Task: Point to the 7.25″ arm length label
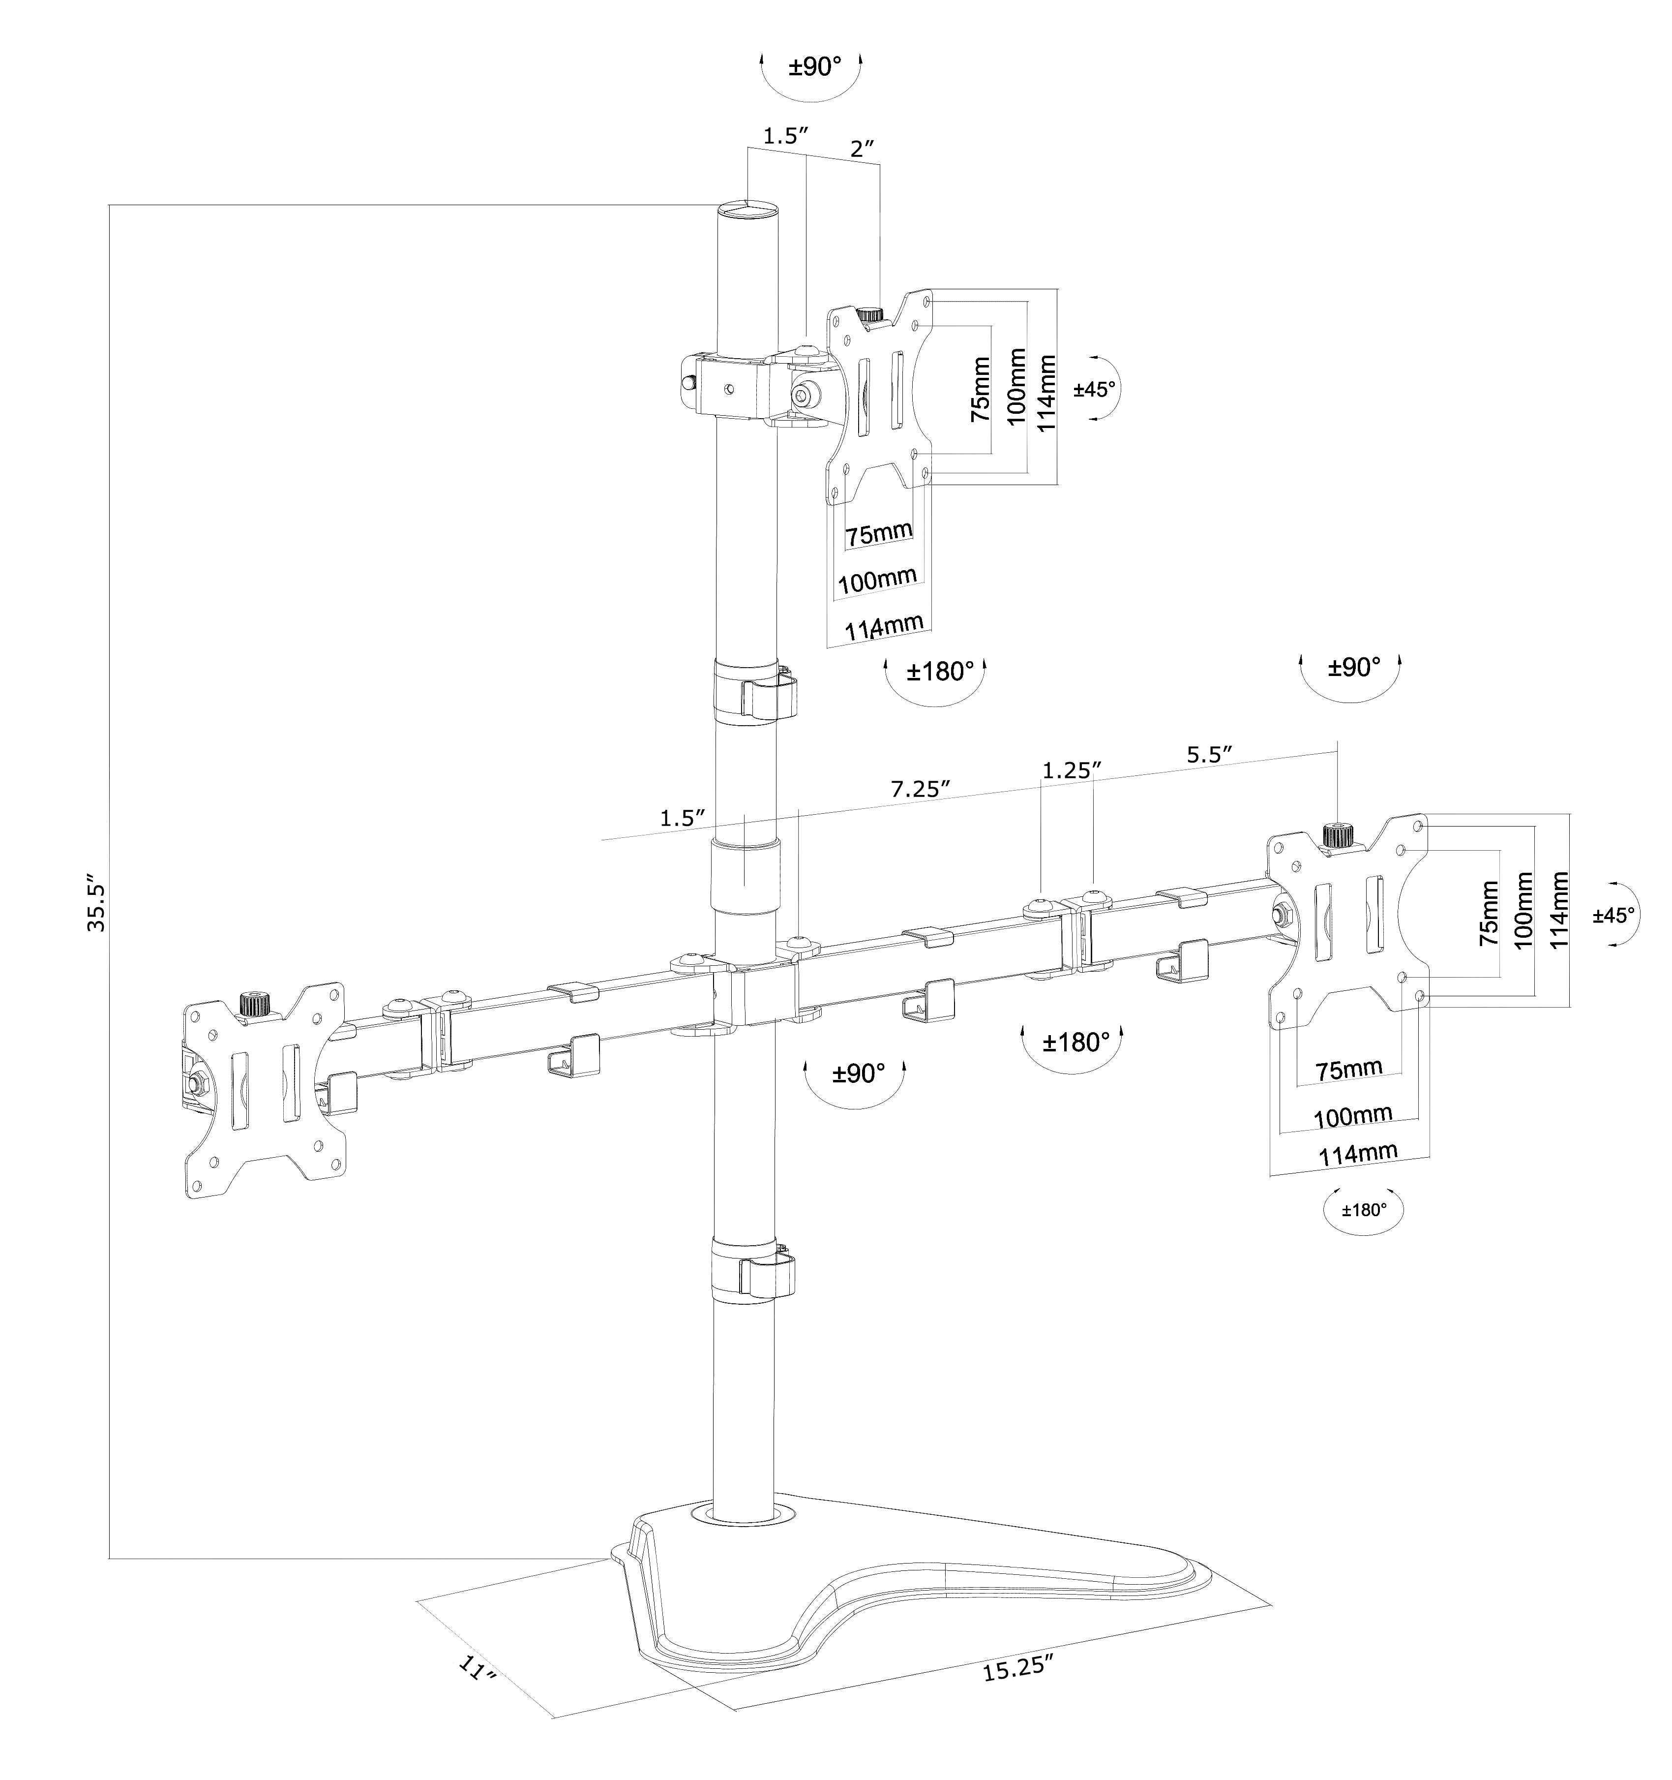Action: [919, 789]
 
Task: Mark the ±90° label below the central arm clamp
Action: [858, 1073]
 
